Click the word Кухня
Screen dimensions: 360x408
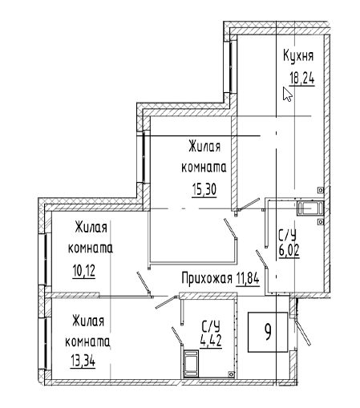298,56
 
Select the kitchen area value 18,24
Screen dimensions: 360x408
302,79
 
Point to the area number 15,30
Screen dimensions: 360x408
204,190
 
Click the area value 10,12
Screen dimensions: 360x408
83,271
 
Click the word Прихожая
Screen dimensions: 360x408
207,279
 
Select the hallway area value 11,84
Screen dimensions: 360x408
248,279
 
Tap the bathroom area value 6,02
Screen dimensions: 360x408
289,250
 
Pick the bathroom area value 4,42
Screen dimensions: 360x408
211,341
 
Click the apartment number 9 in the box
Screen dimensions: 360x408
268,332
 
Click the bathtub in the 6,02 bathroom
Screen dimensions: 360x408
310,208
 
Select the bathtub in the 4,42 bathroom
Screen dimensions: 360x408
191,364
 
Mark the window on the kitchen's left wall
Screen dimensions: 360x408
230,67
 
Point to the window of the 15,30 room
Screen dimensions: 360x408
144,156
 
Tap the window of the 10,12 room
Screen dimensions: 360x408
44,260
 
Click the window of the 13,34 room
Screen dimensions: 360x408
44,344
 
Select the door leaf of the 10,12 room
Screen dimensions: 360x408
144,284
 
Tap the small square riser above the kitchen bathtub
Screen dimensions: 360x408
320,190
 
